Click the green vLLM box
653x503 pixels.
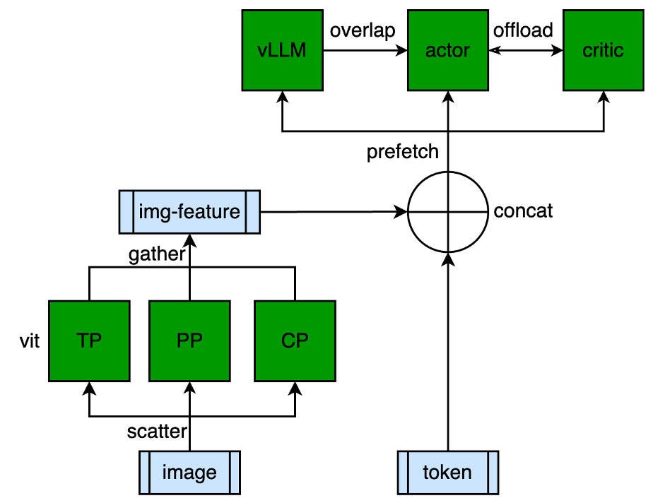pos(282,51)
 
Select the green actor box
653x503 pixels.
pos(447,51)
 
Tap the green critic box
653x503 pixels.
pos(603,51)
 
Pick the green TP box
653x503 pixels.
pos(89,341)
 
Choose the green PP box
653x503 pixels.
pos(189,341)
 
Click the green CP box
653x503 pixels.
pos(295,341)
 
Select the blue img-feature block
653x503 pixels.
pos(189,211)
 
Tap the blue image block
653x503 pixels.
pos(189,471)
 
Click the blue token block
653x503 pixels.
pos(447,471)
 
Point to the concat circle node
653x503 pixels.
pos(447,211)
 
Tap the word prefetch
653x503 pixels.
pos(403,152)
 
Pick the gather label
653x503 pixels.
pos(156,255)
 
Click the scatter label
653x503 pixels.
pos(157,430)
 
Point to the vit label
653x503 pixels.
pos(28,341)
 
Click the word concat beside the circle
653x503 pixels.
pos(524,211)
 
